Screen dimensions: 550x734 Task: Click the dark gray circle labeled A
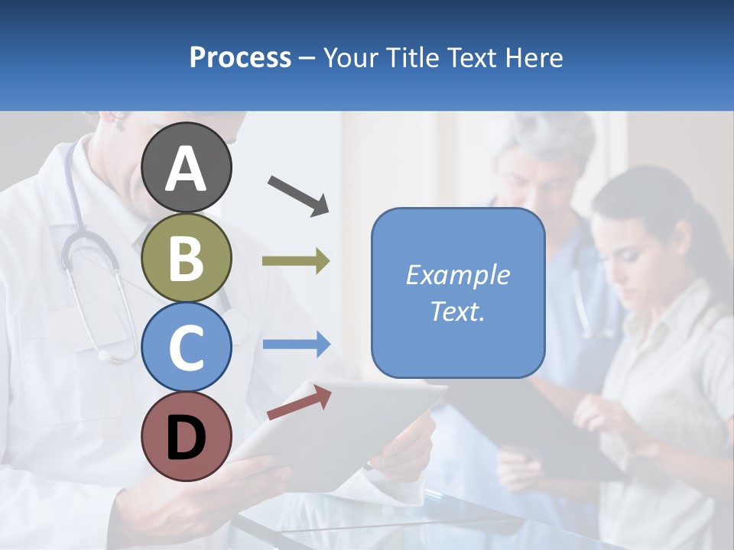187,168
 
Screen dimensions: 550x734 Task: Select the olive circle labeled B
187,257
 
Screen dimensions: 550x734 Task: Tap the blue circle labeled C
187,347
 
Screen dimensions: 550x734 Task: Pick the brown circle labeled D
187,436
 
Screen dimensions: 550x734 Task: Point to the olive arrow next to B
296,261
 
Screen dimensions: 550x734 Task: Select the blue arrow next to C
296,345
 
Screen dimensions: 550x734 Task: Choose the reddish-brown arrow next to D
299,403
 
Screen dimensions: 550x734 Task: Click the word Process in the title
240,58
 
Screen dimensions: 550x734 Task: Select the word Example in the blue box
457,275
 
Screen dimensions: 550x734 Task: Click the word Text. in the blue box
457,312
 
